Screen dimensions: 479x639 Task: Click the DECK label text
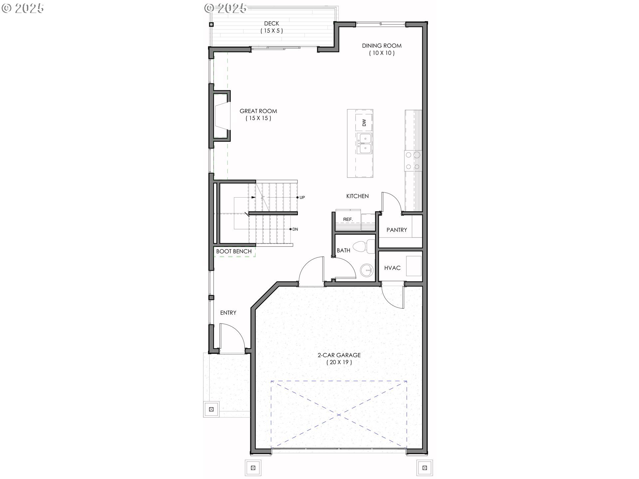(272, 24)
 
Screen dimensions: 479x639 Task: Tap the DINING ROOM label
(382, 46)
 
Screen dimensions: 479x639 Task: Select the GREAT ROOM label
(258, 111)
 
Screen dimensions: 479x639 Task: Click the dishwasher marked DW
(364, 122)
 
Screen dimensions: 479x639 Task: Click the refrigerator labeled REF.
(348, 220)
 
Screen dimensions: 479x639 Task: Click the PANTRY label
(397, 230)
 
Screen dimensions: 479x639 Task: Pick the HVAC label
(392, 268)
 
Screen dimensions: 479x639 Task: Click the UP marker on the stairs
(302, 197)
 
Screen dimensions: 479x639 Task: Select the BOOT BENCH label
(234, 251)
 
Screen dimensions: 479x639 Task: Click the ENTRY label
(228, 313)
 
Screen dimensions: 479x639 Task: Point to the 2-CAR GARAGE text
(339, 355)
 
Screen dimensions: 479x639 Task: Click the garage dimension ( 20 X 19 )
(339, 363)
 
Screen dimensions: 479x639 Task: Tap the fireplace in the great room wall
(221, 119)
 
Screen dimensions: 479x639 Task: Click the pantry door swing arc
(392, 201)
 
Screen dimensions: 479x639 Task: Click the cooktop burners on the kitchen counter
(413, 161)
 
